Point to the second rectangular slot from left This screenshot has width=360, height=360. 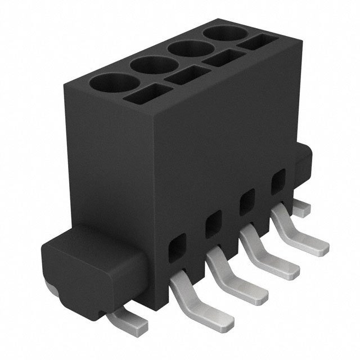186,77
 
